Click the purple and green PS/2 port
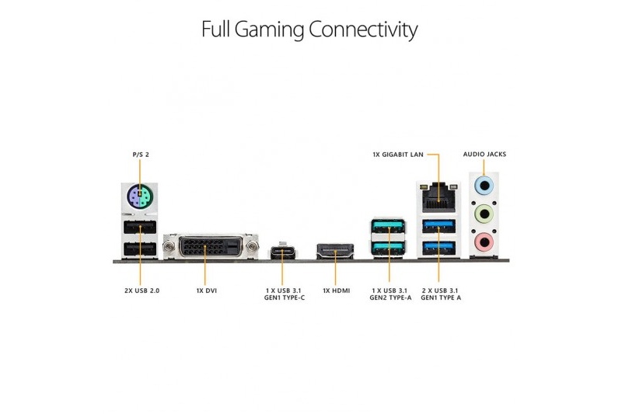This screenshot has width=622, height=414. (x=140, y=195)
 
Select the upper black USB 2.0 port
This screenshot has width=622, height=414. (x=140, y=228)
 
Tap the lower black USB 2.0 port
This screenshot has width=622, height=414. (x=140, y=249)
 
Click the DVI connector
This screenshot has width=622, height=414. (x=211, y=247)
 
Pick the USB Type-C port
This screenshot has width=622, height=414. (x=285, y=252)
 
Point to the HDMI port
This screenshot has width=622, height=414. (x=335, y=251)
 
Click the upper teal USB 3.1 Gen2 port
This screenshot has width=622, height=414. (x=388, y=226)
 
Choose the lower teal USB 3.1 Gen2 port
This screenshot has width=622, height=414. (x=388, y=248)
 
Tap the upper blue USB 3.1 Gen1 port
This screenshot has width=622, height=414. (x=439, y=226)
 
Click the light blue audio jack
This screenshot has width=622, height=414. (x=484, y=185)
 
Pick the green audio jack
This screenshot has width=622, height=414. (x=484, y=214)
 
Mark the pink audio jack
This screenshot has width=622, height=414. (x=484, y=242)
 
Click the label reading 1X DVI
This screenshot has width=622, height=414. (x=207, y=290)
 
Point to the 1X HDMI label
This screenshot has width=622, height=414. (x=337, y=290)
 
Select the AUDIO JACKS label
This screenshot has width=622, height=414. (x=484, y=154)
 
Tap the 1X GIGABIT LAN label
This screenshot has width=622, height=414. (x=398, y=155)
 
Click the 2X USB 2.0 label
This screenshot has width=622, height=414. (x=142, y=290)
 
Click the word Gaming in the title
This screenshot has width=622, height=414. (x=269, y=30)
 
